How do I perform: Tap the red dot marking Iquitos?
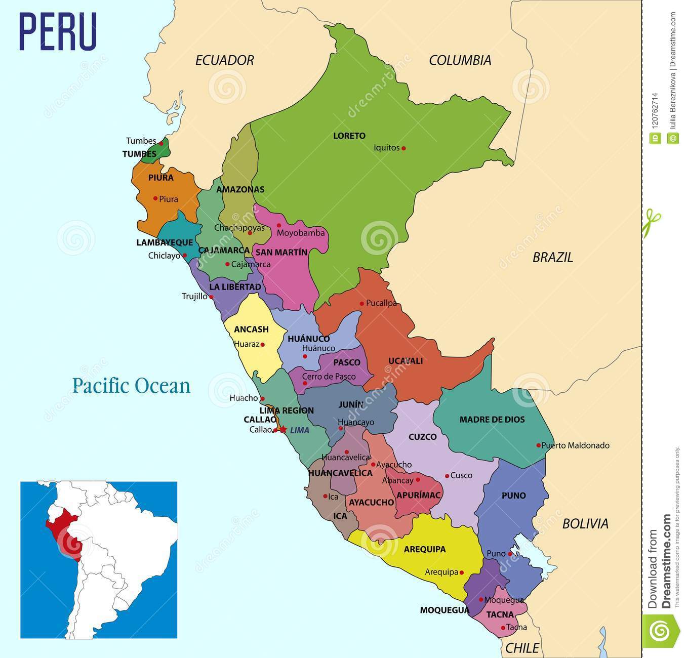403,148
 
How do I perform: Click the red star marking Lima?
283,430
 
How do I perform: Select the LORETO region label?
349,136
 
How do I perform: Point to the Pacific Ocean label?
131,386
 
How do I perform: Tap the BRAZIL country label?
552,257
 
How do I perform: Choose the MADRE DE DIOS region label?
492,420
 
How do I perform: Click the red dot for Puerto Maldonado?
538,445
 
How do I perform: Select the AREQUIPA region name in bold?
424,549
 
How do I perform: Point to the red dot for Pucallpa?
361,304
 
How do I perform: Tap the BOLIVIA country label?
585,523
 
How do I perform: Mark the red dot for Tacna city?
502,628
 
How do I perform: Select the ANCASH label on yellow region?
251,330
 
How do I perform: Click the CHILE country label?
522,647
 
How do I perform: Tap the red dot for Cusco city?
447,476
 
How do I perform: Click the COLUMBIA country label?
460,60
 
